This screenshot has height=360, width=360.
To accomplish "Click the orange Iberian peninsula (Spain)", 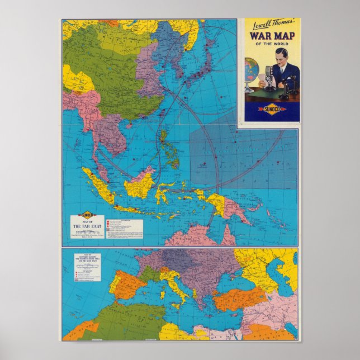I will tap(126, 285).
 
